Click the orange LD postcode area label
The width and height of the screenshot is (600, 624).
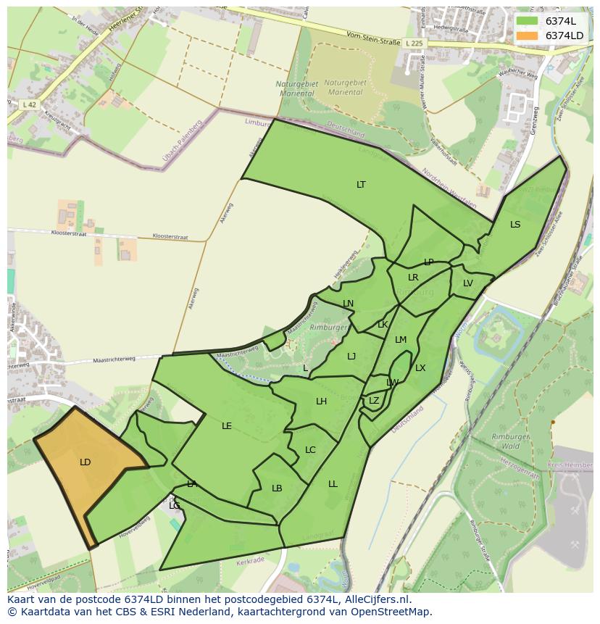85,462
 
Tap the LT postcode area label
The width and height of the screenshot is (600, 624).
361,185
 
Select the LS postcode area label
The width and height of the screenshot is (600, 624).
515,225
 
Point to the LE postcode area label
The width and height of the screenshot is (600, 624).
227,426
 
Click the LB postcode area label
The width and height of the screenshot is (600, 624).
277,488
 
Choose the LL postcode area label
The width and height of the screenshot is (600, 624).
333,484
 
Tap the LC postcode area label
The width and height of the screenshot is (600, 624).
310,450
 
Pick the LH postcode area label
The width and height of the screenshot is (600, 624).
321,402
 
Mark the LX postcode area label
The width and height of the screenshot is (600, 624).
420,368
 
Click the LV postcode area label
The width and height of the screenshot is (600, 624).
467,283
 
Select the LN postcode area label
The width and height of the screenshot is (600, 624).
348,304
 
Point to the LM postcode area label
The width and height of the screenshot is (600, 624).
401,340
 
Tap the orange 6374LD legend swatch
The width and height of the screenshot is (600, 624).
526,36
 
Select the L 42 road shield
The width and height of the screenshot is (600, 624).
30,105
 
